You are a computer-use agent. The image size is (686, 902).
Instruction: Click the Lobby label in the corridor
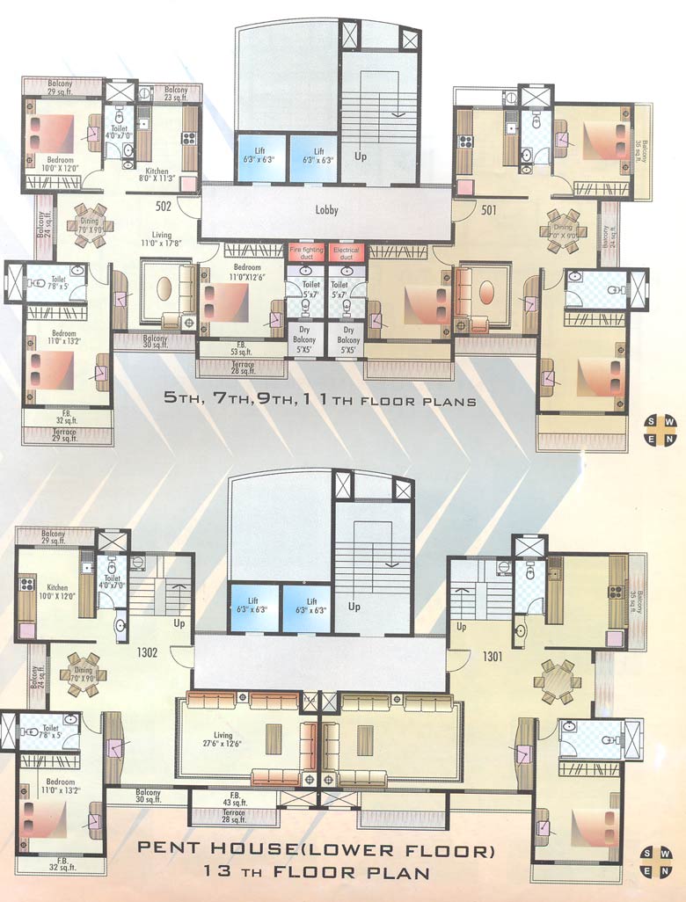tap(326, 210)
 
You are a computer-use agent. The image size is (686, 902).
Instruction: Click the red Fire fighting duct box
tap(306, 252)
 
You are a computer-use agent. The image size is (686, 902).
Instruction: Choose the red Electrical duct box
tap(347, 252)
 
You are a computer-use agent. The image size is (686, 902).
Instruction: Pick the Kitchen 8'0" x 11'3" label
tap(157, 175)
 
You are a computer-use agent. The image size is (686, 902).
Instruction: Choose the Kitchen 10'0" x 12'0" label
tap(57, 592)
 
